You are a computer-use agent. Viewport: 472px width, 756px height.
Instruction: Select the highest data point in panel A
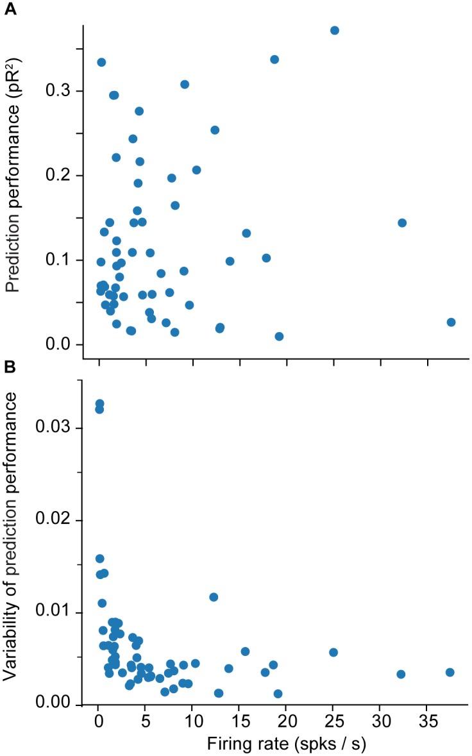pos(334,31)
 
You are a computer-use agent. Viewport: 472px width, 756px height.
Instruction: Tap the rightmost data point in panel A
pos(451,322)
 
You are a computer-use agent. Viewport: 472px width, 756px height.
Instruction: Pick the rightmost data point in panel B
pos(450,672)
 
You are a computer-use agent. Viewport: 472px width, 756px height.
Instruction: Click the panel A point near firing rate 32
pos(402,223)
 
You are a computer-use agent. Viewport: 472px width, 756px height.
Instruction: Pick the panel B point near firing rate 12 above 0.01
pos(214,597)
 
